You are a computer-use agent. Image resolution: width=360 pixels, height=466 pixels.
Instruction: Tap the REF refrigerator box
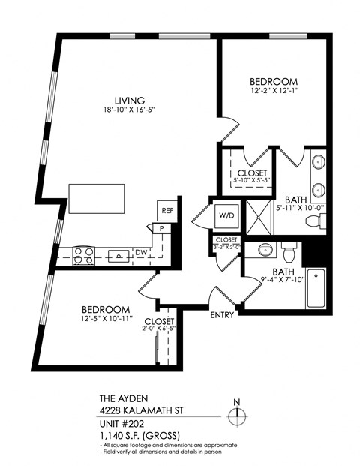click(166, 211)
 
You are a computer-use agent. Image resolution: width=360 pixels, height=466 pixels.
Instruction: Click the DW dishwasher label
click(142, 253)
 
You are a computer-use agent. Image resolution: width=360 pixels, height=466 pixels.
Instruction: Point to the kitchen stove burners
click(83, 255)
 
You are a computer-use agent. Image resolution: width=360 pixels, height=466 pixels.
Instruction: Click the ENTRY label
click(223, 315)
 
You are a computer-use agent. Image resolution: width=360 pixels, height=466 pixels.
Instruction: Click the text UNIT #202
click(124, 422)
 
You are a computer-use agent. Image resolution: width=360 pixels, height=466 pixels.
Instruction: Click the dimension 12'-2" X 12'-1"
click(274, 92)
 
